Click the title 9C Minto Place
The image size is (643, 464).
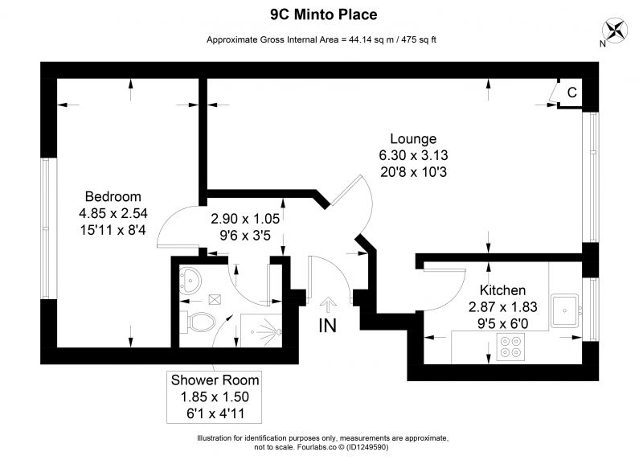[324, 14]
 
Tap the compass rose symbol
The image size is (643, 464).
[615, 31]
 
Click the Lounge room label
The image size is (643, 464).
[413, 138]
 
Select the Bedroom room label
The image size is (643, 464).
[113, 196]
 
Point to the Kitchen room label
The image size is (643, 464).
[502, 290]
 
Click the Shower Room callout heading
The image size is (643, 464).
[215, 380]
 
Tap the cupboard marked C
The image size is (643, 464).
[570, 93]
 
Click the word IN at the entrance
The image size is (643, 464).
[328, 326]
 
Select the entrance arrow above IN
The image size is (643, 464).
[328, 305]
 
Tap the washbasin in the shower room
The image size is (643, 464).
[190, 280]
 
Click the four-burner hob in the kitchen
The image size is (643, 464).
[510, 347]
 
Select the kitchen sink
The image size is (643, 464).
[564, 310]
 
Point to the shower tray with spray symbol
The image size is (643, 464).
[260, 331]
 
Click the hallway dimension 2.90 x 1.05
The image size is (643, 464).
[245, 219]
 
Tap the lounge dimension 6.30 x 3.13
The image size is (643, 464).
[413, 155]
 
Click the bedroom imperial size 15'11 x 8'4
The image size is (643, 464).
[113, 230]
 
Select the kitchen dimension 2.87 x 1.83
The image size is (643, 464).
[503, 307]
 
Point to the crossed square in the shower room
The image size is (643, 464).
[215, 299]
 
